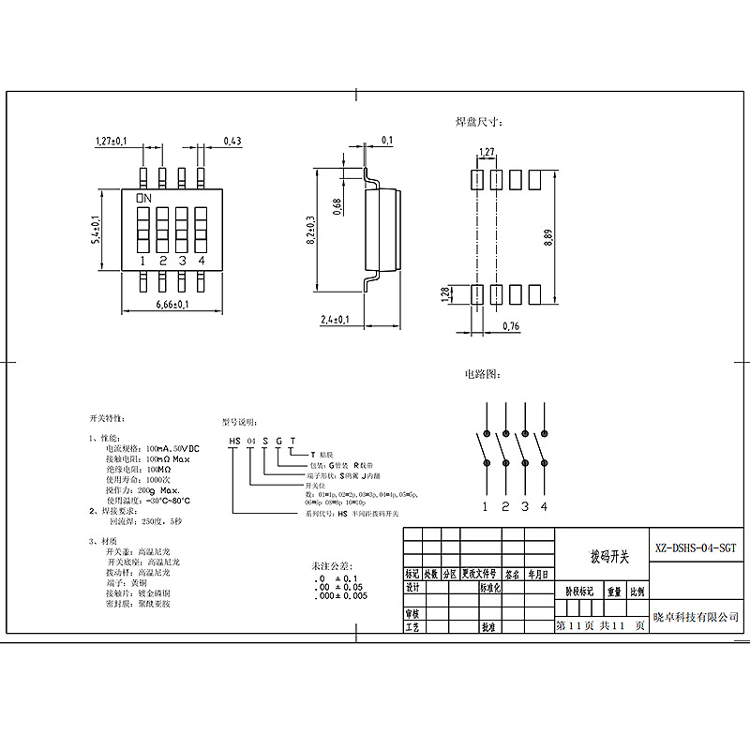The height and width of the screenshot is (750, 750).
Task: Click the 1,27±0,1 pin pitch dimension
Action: (112, 141)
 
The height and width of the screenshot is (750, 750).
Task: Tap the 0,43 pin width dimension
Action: (232, 141)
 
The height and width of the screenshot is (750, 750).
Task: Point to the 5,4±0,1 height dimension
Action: (95, 230)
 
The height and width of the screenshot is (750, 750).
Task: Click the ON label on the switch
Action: (144, 199)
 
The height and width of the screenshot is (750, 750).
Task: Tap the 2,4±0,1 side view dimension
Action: (335, 320)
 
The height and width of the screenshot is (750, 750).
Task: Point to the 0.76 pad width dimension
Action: (511, 325)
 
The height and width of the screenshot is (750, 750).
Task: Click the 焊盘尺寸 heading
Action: (479, 122)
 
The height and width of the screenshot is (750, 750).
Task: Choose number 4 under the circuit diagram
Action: (544, 507)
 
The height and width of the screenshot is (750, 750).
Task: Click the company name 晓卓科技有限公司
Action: (697, 616)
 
